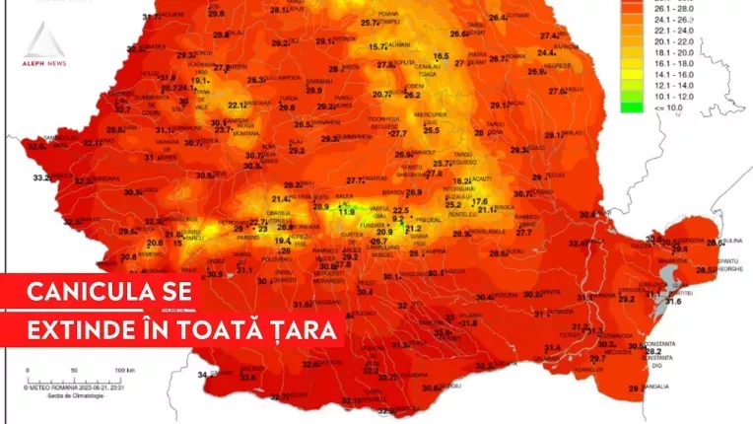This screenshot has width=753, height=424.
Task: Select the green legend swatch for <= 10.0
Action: pos(631,106)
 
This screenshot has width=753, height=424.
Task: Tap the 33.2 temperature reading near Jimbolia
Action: pos(41,177)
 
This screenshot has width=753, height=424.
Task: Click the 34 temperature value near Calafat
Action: pos(203,375)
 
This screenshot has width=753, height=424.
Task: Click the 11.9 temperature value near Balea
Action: pos(346,212)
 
